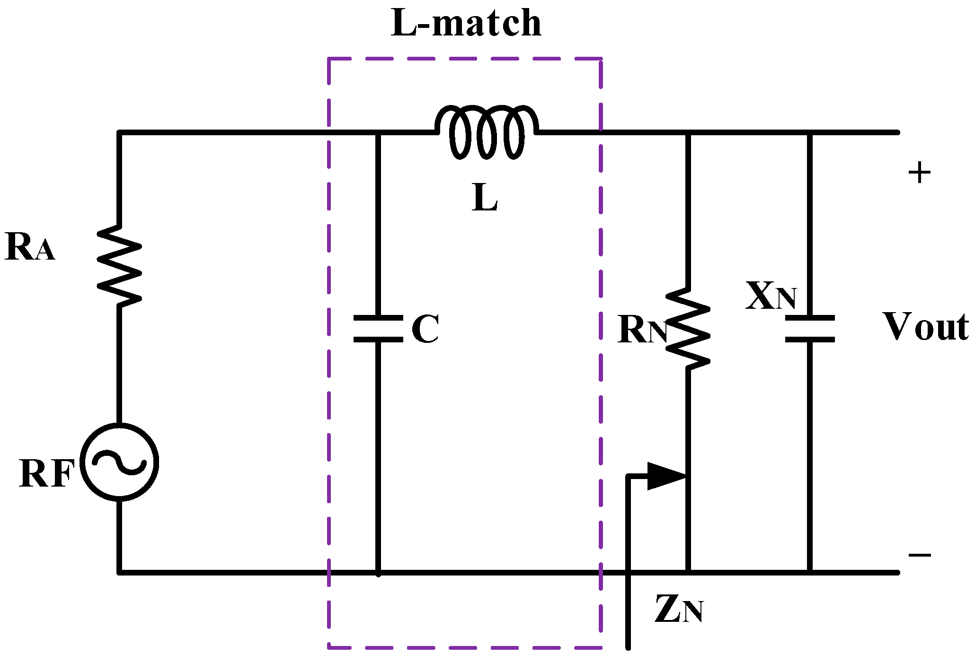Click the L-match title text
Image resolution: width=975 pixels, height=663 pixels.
coord(466,24)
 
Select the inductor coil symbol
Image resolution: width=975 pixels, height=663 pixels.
coord(486,131)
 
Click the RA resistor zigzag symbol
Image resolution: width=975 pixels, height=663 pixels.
coord(119,266)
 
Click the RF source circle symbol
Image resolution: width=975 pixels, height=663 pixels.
coord(119,461)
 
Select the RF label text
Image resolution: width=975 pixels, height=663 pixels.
coord(46,474)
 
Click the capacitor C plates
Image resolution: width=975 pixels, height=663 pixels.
coord(378,328)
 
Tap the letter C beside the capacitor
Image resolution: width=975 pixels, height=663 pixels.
coord(425,329)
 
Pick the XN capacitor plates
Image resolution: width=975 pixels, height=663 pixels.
coord(809,328)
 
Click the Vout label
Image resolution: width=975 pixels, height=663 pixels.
coord(925,327)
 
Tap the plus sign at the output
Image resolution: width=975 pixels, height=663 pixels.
coord(919,173)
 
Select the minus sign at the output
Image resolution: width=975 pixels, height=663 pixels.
coord(919,555)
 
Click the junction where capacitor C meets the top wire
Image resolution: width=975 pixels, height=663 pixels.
coord(378,133)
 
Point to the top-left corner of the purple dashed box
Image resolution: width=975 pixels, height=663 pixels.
coord(329,59)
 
